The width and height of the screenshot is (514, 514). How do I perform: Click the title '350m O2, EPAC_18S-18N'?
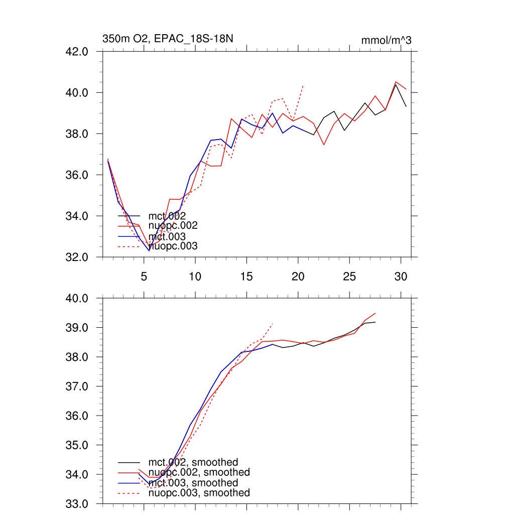click(x=168, y=39)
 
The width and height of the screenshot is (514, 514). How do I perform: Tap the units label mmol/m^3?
click(x=386, y=40)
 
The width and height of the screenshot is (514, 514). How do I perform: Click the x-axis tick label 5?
click(x=144, y=276)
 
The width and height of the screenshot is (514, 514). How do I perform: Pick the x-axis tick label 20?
click(x=298, y=276)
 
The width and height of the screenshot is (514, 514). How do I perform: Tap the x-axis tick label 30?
click(x=400, y=276)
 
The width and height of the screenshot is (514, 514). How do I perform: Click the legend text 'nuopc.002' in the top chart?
click(x=173, y=226)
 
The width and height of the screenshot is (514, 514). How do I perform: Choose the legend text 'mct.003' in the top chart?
click(x=167, y=236)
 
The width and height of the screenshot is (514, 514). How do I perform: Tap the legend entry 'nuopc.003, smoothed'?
click(x=199, y=493)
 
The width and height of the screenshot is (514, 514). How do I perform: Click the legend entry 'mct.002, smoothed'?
click(x=193, y=462)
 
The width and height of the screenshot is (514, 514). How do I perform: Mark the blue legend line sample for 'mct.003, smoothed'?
click(x=128, y=482)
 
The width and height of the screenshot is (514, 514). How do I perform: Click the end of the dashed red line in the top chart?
click(x=303, y=86)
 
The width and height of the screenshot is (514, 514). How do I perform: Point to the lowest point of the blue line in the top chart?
click(x=149, y=250)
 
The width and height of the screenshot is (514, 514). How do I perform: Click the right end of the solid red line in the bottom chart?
click(x=375, y=313)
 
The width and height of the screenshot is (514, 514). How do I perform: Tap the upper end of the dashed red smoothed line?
click(x=273, y=324)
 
